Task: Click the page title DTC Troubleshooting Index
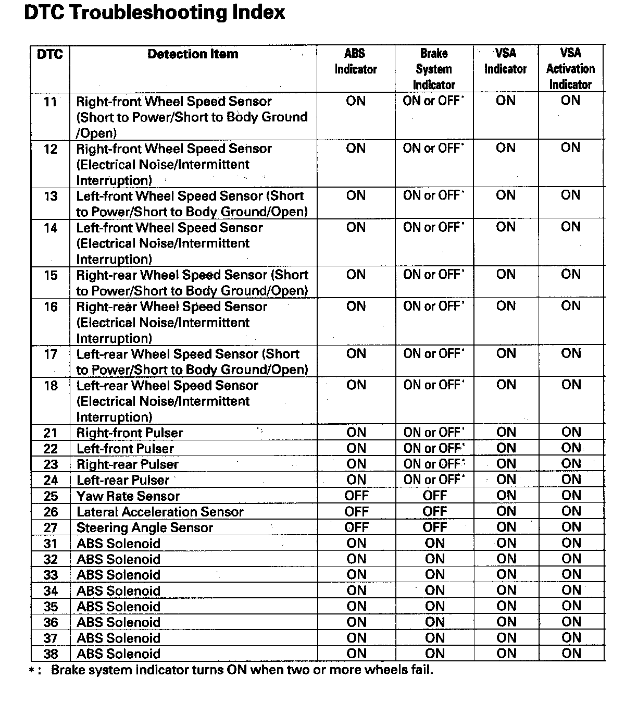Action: (x=154, y=13)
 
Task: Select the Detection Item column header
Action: (x=193, y=54)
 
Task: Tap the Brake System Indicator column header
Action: (x=434, y=69)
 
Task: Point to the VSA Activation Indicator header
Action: (x=570, y=69)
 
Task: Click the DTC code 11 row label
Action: (x=51, y=102)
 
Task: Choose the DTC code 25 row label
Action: (x=51, y=496)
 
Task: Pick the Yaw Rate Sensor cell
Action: (x=128, y=496)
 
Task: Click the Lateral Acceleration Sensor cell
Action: (x=160, y=512)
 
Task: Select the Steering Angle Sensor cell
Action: (x=145, y=527)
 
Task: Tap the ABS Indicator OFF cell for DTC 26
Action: (x=356, y=512)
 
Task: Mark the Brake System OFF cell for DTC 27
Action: (x=434, y=527)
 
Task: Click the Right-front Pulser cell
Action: (x=130, y=433)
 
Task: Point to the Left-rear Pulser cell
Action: (x=123, y=480)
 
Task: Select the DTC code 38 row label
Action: (x=51, y=654)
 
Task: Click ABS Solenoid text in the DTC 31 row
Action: (x=119, y=544)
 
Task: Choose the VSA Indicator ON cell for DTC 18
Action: (x=506, y=385)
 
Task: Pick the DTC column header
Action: (x=50, y=54)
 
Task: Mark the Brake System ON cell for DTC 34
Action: (x=434, y=590)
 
